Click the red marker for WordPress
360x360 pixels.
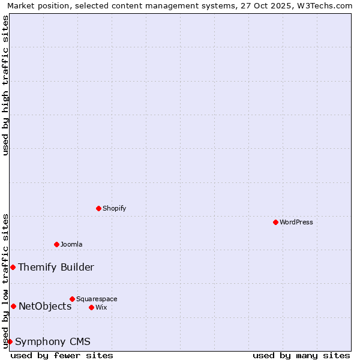coord(275,222)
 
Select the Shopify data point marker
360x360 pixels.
coord(98,208)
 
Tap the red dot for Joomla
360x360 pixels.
coord(56,244)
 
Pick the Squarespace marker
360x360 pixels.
coord(72,299)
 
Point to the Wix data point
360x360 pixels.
coord(91,307)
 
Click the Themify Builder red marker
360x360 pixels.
coord(13,267)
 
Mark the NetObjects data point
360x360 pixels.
coord(13,306)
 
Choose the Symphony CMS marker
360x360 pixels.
coord(10,341)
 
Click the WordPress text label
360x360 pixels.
coord(296,222)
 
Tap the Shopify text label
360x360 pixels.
coord(115,208)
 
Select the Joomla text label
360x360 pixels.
coord(71,244)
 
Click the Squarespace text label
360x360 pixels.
coord(97,299)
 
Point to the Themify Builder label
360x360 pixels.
coord(56,267)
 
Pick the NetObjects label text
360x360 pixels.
coord(45,306)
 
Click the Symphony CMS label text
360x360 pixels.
coord(53,341)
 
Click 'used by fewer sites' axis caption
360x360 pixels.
coord(62,355)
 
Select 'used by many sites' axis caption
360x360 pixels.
coord(301,355)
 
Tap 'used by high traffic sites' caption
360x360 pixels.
coord(5,85)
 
